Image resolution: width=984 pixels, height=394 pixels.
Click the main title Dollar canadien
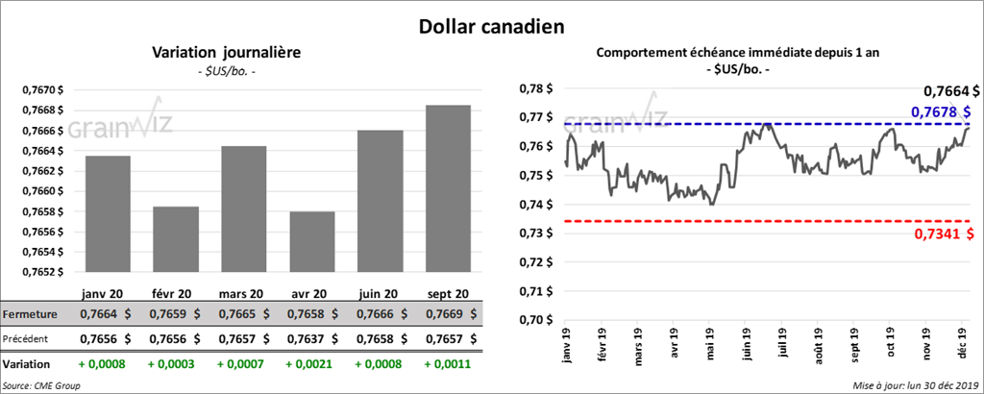(x=491, y=24)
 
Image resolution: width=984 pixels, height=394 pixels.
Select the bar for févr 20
(x=176, y=239)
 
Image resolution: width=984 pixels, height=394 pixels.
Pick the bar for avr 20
(x=311, y=242)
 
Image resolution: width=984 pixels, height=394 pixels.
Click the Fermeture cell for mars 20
(x=243, y=314)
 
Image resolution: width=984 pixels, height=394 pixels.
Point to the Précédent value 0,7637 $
(x=311, y=338)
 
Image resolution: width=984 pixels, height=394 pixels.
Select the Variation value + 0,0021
(x=311, y=364)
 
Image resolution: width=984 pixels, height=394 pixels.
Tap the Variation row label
(x=27, y=364)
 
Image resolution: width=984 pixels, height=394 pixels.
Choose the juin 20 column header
(x=380, y=293)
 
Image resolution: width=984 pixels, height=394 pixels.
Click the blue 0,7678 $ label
(x=944, y=113)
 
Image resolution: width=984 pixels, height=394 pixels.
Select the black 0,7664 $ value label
(x=950, y=92)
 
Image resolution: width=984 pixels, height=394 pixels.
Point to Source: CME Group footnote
(x=41, y=385)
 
